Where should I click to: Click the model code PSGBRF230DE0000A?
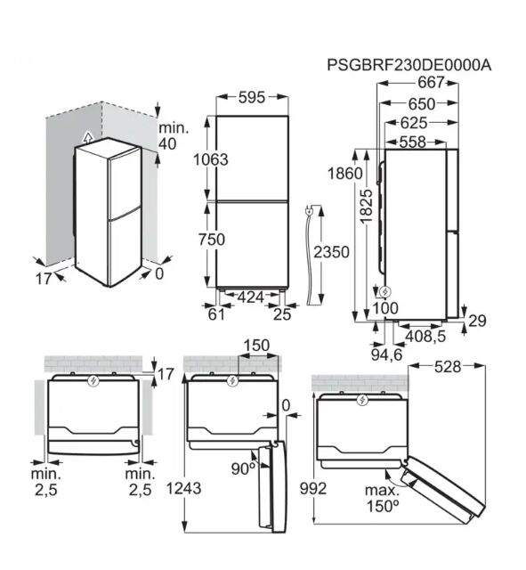tap(409, 65)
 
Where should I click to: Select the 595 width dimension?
tap(252, 97)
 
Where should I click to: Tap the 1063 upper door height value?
tap(211, 159)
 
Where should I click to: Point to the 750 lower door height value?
tap(212, 240)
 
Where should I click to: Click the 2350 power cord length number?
tap(331, 252)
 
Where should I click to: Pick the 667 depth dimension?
tap(431, 82)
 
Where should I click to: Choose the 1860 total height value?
tap(345, 174)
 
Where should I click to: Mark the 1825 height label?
tap(367, 206)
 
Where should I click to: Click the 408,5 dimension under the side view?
tap(425, 337)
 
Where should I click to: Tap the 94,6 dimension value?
tap(386, 354)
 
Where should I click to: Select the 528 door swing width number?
tap(448, 367)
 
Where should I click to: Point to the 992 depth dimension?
tap(313, 488)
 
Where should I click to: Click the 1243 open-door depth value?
tap(183, 488)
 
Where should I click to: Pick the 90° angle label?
tap(243, 469)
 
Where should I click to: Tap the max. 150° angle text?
tap(382, 498)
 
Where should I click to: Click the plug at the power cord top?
tap(309, 210)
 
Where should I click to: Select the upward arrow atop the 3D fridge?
tap(87, 137)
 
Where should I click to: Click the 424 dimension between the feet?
tap(251, 297)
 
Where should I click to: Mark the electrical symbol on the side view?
tap(384, 291)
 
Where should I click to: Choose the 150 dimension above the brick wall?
tap(256, 346)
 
